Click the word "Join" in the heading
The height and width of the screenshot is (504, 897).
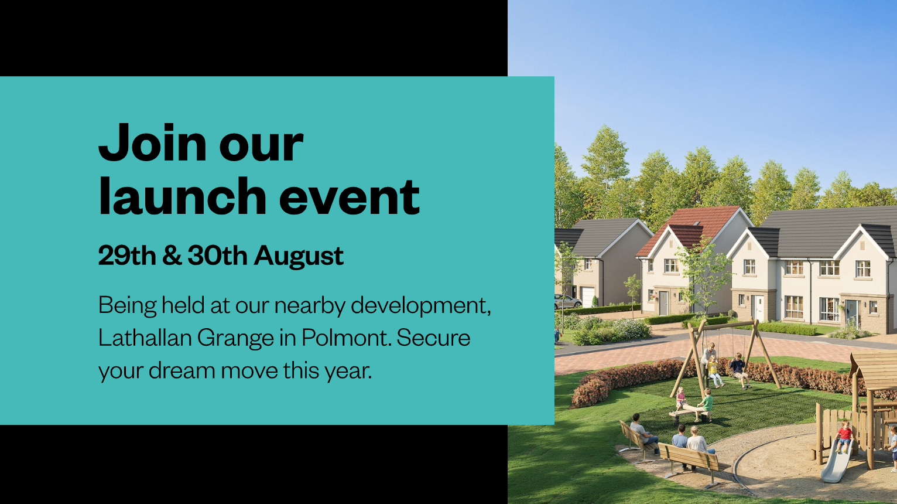point(153,142)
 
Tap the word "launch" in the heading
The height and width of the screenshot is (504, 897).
point(182,196)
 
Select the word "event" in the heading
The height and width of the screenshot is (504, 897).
point(349,197)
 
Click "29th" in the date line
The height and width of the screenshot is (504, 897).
point(127,256)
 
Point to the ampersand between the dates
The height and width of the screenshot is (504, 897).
point(172,256)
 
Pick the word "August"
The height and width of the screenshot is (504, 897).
point(299,257)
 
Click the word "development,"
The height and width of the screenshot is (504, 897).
point(421,306)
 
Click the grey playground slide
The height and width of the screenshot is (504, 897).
point(837,461)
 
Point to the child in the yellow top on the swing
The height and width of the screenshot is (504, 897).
point(714,372)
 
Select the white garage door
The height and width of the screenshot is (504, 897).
point(588,297)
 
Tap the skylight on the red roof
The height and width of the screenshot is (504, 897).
point(696,224)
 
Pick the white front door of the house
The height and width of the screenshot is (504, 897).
point(758,308)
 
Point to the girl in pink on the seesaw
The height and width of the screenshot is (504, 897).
point(680,399)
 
